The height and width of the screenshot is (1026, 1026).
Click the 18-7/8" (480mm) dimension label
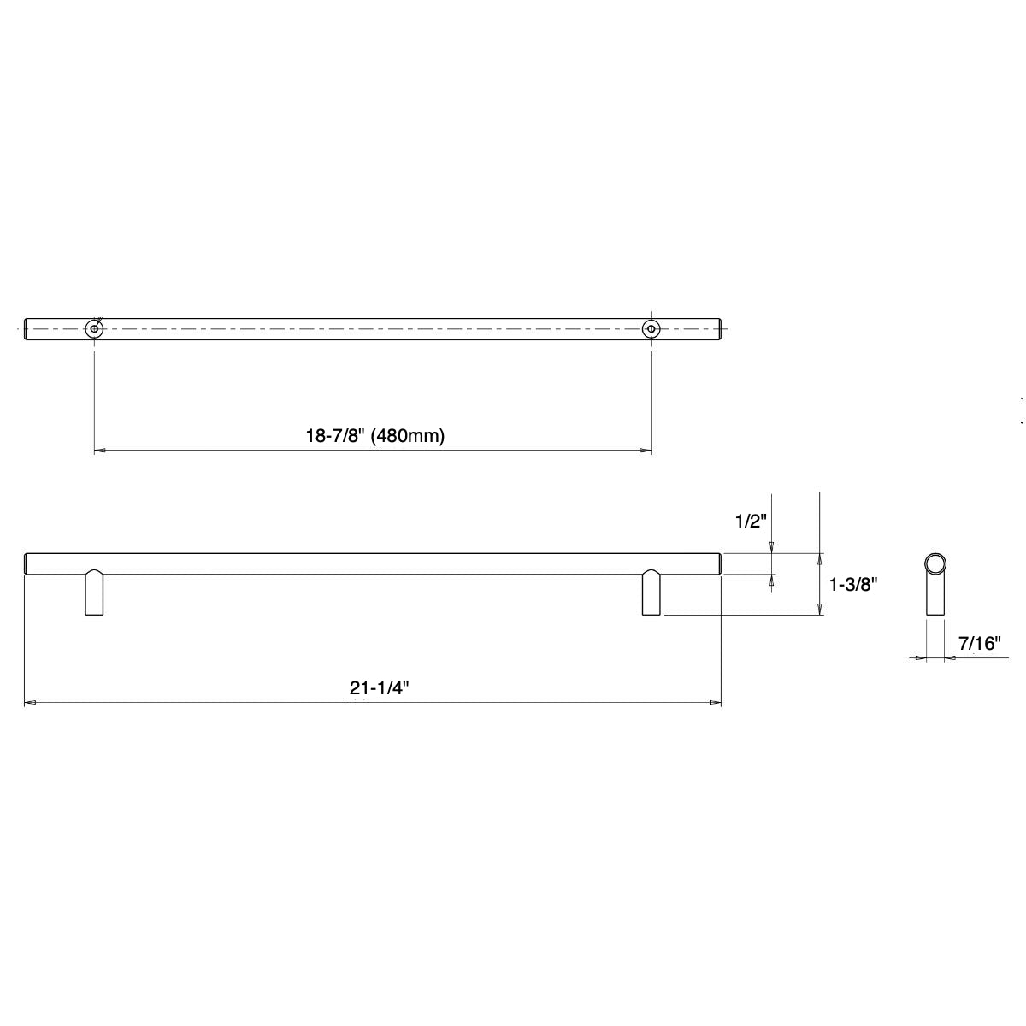coord(376,435)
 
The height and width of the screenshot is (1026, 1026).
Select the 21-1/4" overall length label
coord(375,688)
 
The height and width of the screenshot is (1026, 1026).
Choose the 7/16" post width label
coord(979,644)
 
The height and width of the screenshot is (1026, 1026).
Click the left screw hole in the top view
coord(93,328)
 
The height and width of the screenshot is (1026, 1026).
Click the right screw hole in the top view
coord(652,328)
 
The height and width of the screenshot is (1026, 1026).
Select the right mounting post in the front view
coord(652,593)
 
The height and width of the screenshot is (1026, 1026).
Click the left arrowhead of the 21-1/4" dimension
coord(29,704)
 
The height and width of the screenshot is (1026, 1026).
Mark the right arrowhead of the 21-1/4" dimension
coord(716,704)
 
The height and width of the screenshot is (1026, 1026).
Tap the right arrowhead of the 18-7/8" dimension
coord(646,451)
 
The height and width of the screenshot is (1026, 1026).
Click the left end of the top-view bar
coord(27,328)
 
